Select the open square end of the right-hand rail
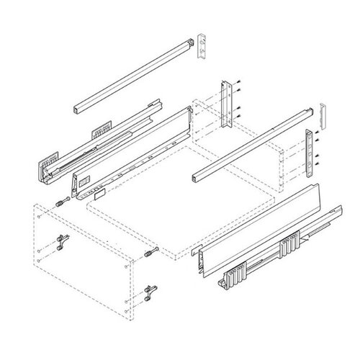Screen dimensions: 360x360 pyautogui.click(x=197, y=176)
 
